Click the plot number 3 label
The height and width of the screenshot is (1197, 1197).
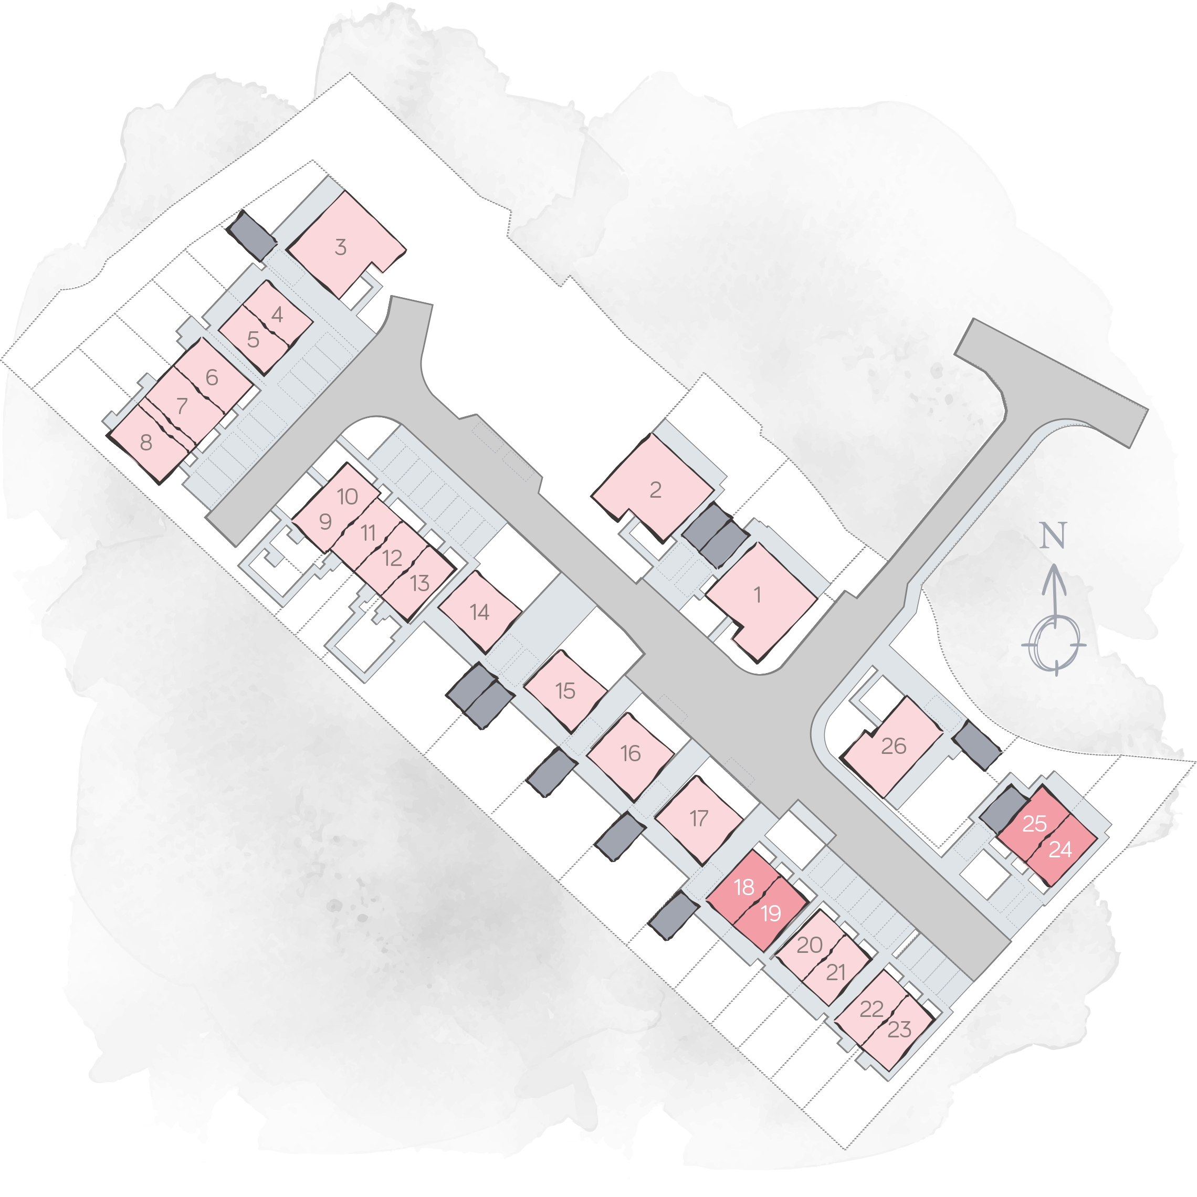click(340, 247)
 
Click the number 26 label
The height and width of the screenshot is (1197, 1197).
click(894, 746)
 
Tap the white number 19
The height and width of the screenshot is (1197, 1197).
click(771, 913)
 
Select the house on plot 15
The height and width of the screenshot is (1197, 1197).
click(565, 690)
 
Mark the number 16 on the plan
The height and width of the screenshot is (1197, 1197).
click(630, 753)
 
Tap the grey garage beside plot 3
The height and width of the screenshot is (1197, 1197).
click(250, 235)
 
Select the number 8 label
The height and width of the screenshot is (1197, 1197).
click(145, 443)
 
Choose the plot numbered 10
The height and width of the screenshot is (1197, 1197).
click(348, 496)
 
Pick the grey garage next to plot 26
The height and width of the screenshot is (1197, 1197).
click(976, 745)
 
